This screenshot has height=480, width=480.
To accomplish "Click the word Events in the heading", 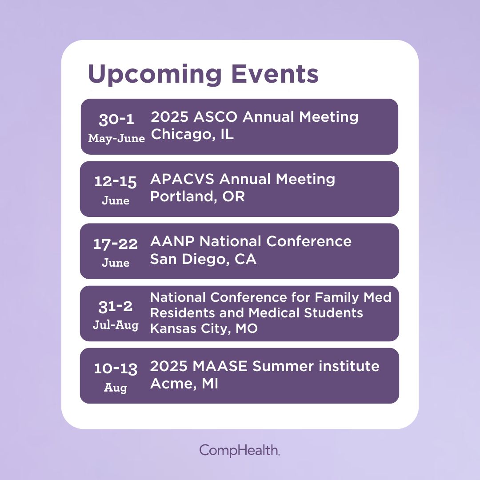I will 276,74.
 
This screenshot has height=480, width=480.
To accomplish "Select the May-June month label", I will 116,138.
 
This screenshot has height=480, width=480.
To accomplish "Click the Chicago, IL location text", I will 192,134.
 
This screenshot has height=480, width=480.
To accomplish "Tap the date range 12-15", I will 116,182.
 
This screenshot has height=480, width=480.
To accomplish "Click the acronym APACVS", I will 183,179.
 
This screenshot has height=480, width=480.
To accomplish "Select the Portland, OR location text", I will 197,196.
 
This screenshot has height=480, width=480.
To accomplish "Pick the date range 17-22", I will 116,244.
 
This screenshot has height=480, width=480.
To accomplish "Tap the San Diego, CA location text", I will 203,259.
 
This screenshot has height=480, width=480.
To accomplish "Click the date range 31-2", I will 116,306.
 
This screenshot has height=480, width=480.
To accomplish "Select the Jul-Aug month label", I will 116,325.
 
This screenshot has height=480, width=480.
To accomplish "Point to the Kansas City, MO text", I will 204,329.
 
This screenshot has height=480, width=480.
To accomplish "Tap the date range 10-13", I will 116,368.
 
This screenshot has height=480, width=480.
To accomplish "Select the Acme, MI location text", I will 184,384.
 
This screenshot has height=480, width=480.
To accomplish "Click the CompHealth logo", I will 240,450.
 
